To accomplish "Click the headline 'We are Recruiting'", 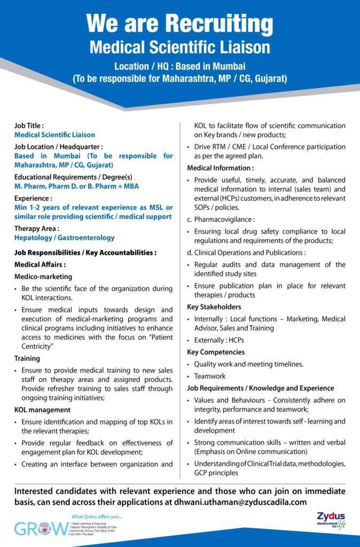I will coord(179,24).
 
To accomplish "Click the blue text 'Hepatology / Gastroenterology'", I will coord(64,238).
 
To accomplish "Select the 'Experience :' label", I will coord(33,198).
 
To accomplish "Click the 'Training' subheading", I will coord(27,358).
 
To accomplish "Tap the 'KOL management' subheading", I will coord(42,410).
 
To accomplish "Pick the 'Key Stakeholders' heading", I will coord(214,307).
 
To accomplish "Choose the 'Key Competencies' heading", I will coord(216,352).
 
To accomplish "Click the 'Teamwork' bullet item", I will coord(210,376).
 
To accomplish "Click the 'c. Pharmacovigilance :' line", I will coord(221,219).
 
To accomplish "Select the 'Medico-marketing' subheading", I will coord(43,277).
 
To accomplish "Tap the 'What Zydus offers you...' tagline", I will coord(97,517).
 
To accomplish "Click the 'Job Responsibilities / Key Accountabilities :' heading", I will coord(85,252).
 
